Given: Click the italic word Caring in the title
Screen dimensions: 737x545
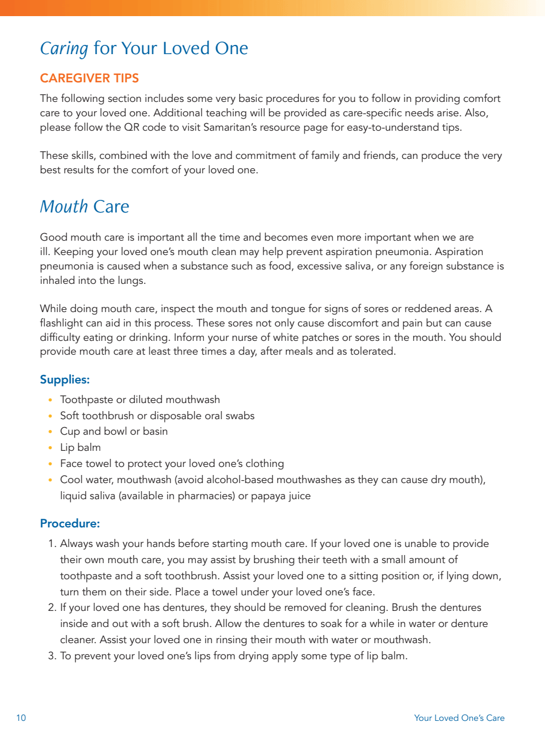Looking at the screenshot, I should pyautogui.click(x=64, y=48).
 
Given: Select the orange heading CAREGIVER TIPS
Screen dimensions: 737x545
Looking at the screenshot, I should pyautogui.click(x=89, y=78).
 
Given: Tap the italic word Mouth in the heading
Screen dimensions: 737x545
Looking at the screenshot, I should pyautogui.click(x=63, y=207).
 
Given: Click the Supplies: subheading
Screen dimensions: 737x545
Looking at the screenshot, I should pyautogui.click(x=65, y=380).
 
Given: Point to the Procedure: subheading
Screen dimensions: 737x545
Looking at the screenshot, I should pyautogui.click(x=70, y=523).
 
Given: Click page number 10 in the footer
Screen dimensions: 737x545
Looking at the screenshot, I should pyautogui.click(x=21, y=718).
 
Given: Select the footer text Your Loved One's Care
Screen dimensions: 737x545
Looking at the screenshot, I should pyautogui.click(x=459, y=718).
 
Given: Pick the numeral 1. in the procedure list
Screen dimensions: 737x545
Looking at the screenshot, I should pyautogui.click(x=52, y=544).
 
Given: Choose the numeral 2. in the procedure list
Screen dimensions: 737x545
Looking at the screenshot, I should pyautogui.click(x=52, y=607).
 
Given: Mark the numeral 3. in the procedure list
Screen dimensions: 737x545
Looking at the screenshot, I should pyautogui.click(x=52, y=656).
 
